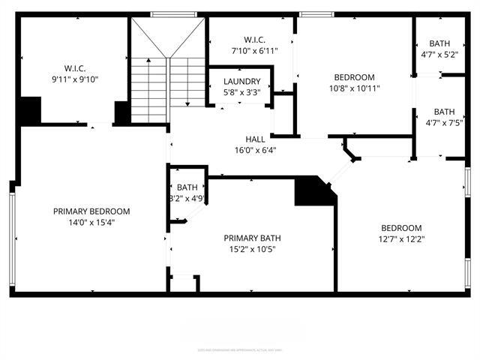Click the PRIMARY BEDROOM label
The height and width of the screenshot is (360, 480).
[x=91, y=211]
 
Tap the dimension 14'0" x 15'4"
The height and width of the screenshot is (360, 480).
[x=91, y=222]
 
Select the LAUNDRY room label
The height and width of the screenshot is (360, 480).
[x=242, y=82]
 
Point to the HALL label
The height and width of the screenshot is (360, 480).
[x=256, y=139]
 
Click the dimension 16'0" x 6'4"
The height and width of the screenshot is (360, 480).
[x=256, y=150]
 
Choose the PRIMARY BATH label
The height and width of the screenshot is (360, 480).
[x=251, y=238]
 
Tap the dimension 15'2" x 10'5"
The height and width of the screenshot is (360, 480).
[x=251, y=249]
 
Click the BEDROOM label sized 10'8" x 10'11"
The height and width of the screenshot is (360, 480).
[x=354, y=77]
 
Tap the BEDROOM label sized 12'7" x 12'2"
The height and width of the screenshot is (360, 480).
[x=401, y=228]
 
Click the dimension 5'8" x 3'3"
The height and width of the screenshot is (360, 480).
[x=242, y=92]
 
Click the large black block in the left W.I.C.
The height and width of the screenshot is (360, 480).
[x=30, y=110]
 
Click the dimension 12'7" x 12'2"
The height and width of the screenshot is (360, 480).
[x=401, y=239]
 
